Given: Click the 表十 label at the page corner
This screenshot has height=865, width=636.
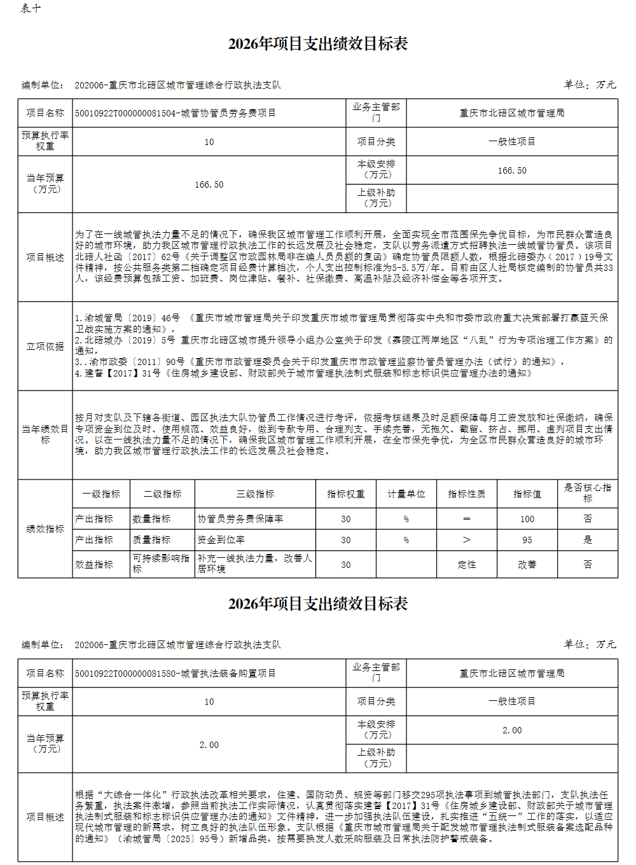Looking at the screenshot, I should [31, 8].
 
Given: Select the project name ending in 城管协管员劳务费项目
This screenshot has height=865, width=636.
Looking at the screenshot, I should [176, 113].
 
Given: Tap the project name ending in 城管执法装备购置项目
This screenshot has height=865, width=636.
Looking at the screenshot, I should [176, 673].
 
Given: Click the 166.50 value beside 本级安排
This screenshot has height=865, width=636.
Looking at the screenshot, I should [512, 170].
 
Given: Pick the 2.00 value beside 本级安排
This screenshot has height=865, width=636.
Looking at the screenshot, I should [512, 730].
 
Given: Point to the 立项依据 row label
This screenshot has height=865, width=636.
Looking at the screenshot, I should [45, 346].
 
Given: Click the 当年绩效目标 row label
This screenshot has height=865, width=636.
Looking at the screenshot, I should [45, 434].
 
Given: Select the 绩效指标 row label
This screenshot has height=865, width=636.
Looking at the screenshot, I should [45, 529].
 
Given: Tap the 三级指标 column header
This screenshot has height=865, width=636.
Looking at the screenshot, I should [255, 494].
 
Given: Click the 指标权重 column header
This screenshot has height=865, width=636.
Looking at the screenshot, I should [345, 494].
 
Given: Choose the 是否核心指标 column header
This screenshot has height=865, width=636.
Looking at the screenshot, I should [587, 493].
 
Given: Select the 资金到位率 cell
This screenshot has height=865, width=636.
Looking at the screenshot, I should [221, 539].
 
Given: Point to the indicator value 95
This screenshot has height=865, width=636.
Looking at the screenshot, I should [527, 539].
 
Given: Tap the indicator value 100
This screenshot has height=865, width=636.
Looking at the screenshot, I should [527, 519].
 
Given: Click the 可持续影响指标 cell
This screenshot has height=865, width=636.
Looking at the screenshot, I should [161, 564].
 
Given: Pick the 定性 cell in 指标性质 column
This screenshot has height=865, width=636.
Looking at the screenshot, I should [467, 564].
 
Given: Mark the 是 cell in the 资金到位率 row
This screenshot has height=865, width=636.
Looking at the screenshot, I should [587, 539].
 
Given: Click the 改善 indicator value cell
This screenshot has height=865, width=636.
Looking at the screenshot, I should [527, 564].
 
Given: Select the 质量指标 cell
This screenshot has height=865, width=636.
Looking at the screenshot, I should [151, 539].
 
